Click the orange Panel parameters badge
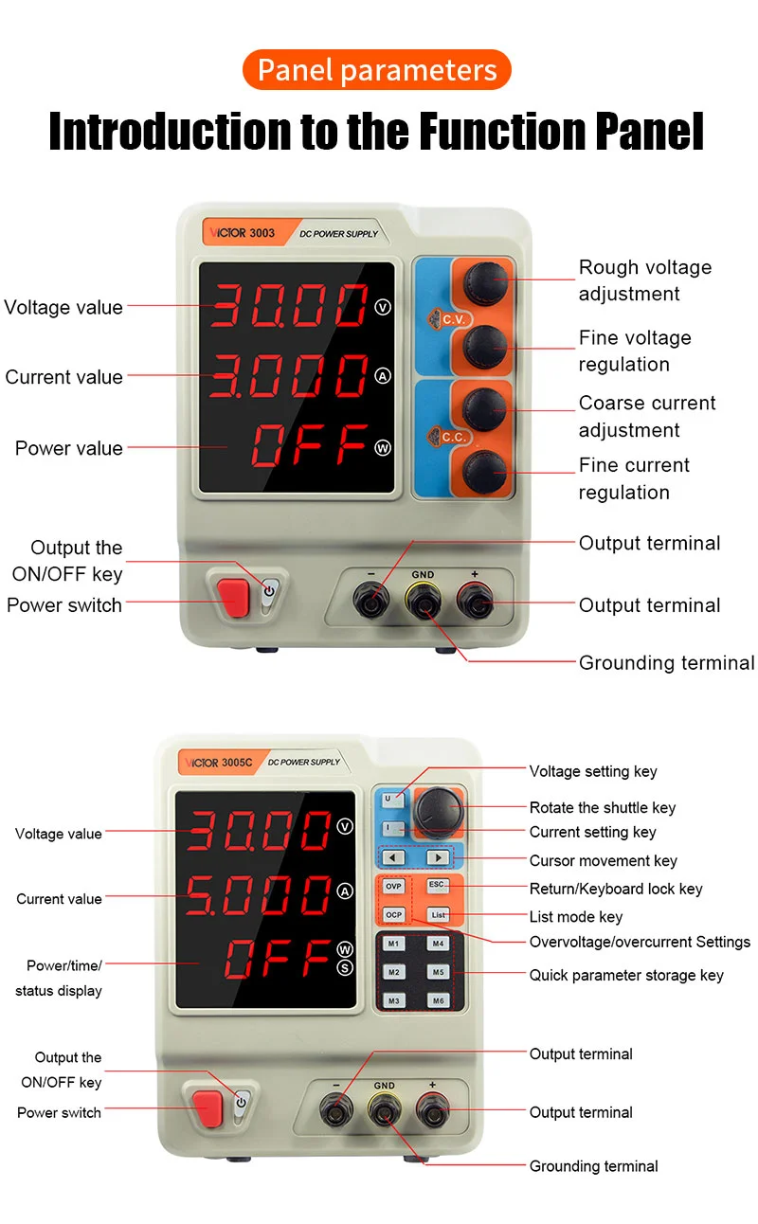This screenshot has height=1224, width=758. pyautogui.click(x=376, y=69)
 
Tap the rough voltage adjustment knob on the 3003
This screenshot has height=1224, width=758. pyautogui.click(x=485, y=282)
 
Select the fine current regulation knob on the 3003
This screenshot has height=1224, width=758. pyautogui.click(x=484, y=472)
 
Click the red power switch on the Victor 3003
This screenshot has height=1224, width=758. pyautogui.click(x=233, y=598)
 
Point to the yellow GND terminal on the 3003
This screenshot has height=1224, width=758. pyautogui.click(x=424, y=601)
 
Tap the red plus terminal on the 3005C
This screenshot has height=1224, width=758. pyautogui.click(x=432, y=1108)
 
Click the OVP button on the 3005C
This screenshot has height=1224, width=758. pyautogui.click(x=393, y=886)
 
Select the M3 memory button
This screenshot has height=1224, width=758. pyautogui.click(x=393, y=1000)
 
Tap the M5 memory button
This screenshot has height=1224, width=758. pyautogui.click(x=439, y=972)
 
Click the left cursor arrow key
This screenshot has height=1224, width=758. pyautogui.click(x=392, y=857)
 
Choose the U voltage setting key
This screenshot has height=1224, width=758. pyautogui.click(x=392, y=800)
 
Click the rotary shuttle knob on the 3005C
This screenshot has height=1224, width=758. pyautogui.click(x=438, y=813)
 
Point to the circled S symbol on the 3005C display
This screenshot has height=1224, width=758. pyautogui.click(x=345, y=967)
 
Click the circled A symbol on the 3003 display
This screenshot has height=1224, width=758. pyautogui.click(x=383, y=376)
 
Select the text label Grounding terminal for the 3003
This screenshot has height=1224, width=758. pyautogui.click(x=666, y=663)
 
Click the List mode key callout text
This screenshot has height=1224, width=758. pyautogui.click(x=576, y=916)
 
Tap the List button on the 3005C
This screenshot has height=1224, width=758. pyautogui.click(x=439, y=914)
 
